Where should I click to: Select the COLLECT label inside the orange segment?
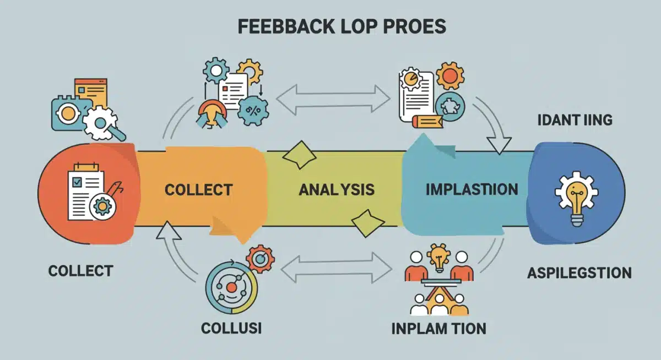pyautogui.click(x=198, y=190)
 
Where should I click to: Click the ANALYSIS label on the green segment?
pyautogui.click(x=337, y=190)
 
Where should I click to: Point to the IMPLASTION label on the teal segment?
pyautogui.click(x=472, y=190)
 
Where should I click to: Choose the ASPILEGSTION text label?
pyautogui.click(x=578, y=272)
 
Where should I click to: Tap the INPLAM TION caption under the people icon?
pyautogui.click(x=438, y=329)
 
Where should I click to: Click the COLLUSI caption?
pyautogui.click(x=231, y=329)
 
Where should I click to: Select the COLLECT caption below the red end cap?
pyautogui.click(x=80, y=271)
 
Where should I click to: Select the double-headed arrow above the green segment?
pyautogui.click(x=332, y=99)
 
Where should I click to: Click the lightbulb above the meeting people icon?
pyautogui.click(x=437, y=258)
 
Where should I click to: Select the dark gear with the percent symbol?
pyautogui.click(x=253, y=110)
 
